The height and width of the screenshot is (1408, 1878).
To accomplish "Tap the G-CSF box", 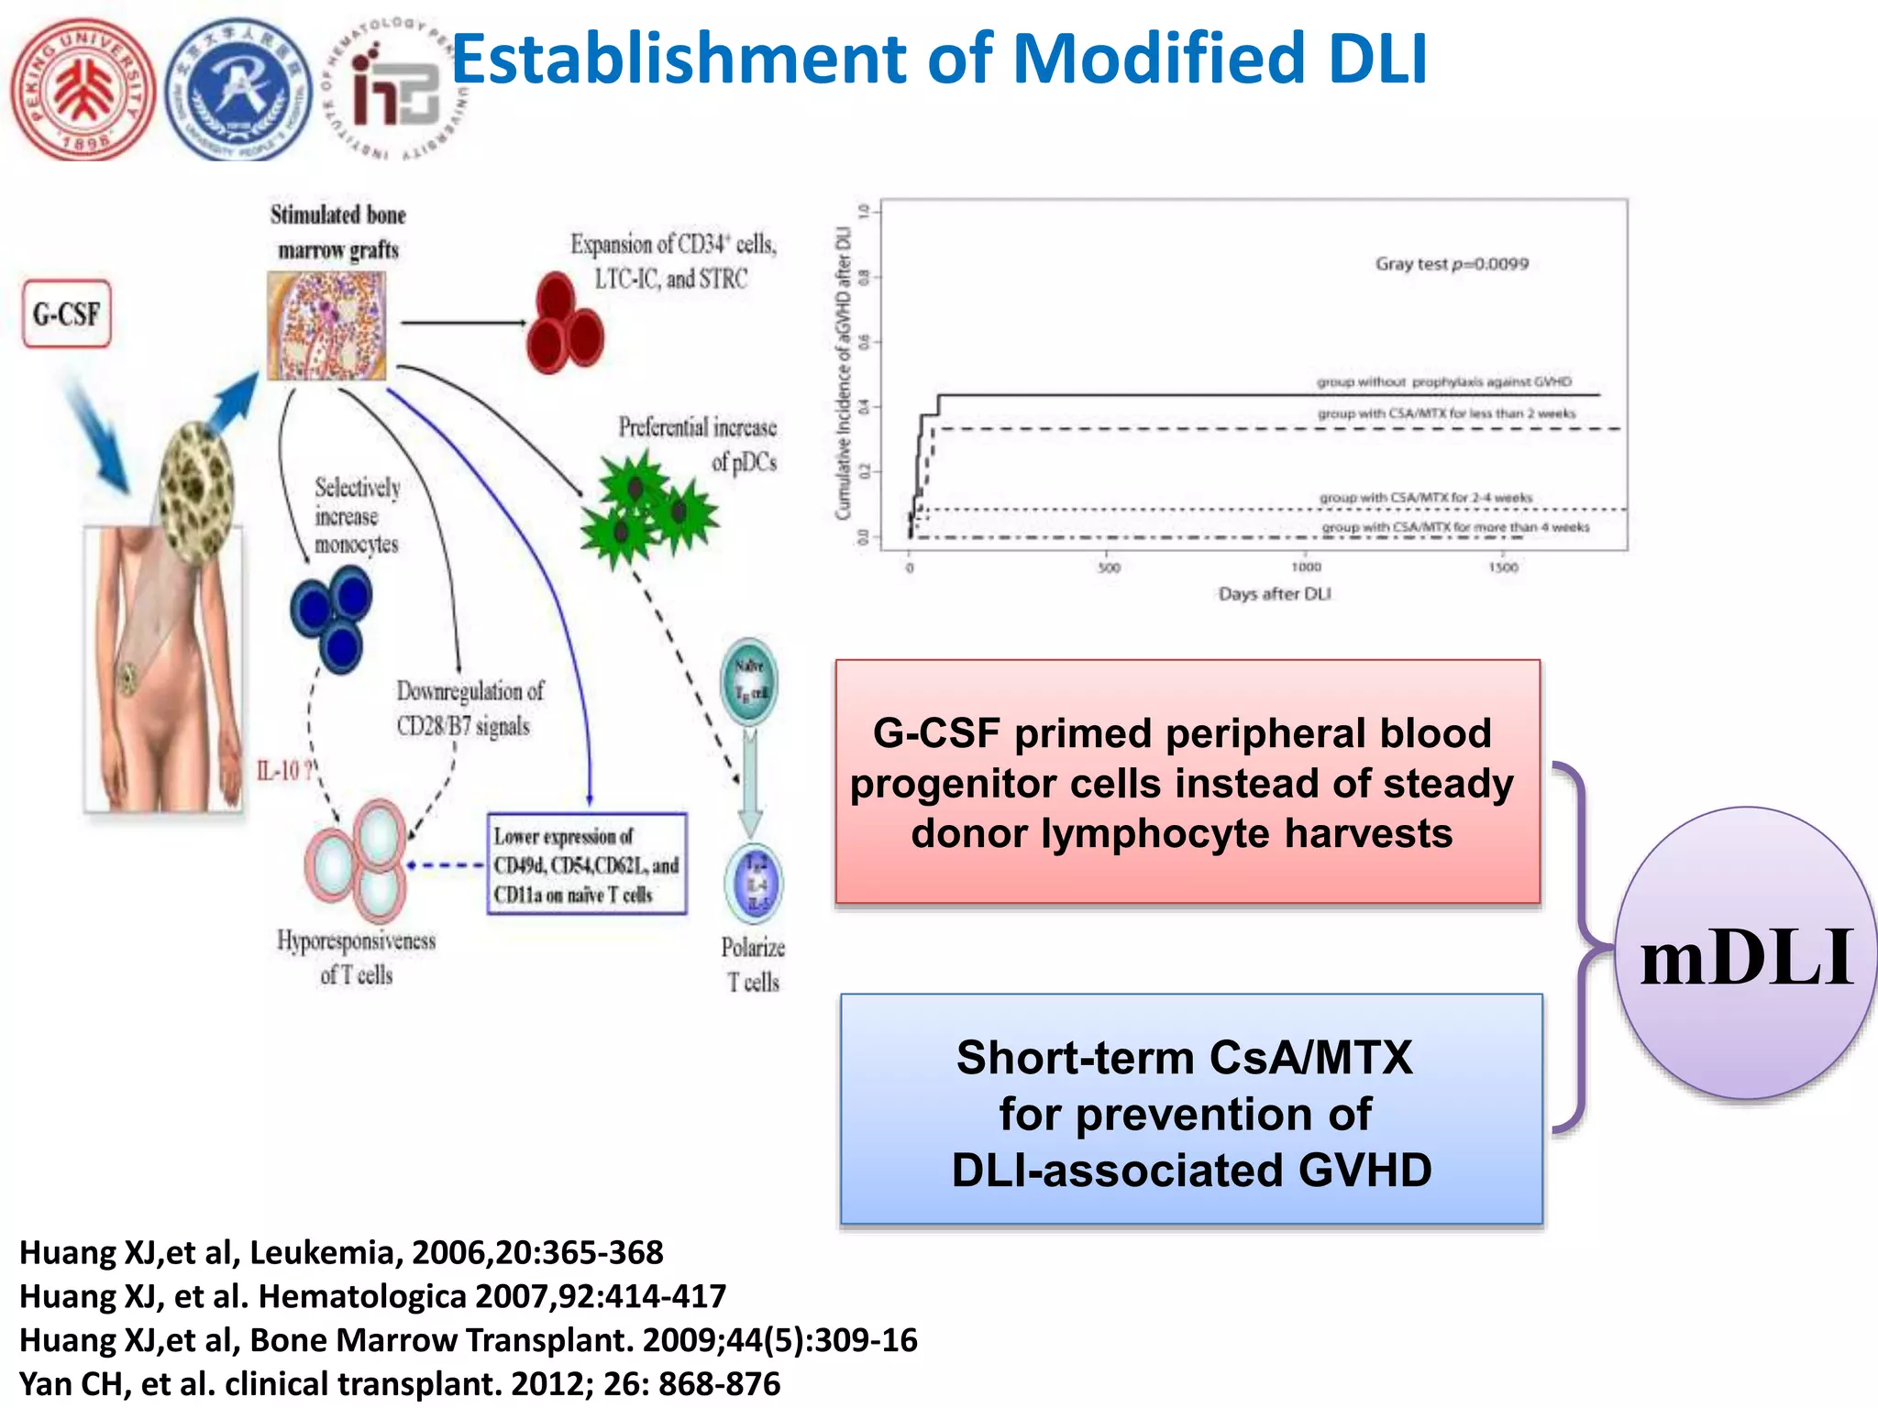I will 67,314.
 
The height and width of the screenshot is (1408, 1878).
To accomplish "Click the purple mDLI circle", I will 1746,953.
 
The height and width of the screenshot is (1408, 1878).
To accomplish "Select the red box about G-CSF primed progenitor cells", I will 1187,782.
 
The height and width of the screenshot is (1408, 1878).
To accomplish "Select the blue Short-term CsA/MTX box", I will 1191,1110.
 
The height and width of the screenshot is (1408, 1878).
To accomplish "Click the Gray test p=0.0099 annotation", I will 1451,264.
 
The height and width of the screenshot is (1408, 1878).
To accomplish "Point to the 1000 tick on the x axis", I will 1306,567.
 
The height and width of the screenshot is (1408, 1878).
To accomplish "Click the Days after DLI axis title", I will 1274,594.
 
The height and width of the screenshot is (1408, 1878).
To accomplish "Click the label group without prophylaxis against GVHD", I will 1443,381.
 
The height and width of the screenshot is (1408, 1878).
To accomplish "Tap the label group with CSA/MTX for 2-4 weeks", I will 1425,498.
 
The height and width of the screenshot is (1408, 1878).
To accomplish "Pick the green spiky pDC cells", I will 647,510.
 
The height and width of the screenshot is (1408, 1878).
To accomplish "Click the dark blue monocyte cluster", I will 332,618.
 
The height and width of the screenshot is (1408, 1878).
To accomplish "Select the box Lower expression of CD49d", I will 587,863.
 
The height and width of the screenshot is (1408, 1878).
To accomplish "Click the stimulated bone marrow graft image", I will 326,326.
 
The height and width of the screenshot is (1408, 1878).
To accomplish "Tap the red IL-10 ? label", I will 284,771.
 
